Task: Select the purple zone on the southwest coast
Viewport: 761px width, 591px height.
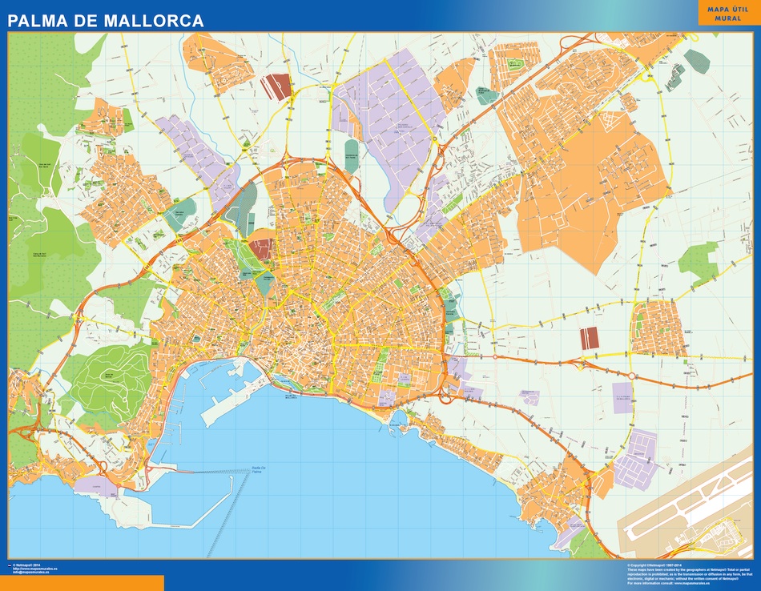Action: (96, 484)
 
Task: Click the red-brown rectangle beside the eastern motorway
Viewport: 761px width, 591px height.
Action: (590, 338)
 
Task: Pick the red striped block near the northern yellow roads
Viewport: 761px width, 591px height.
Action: (276, 86)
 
